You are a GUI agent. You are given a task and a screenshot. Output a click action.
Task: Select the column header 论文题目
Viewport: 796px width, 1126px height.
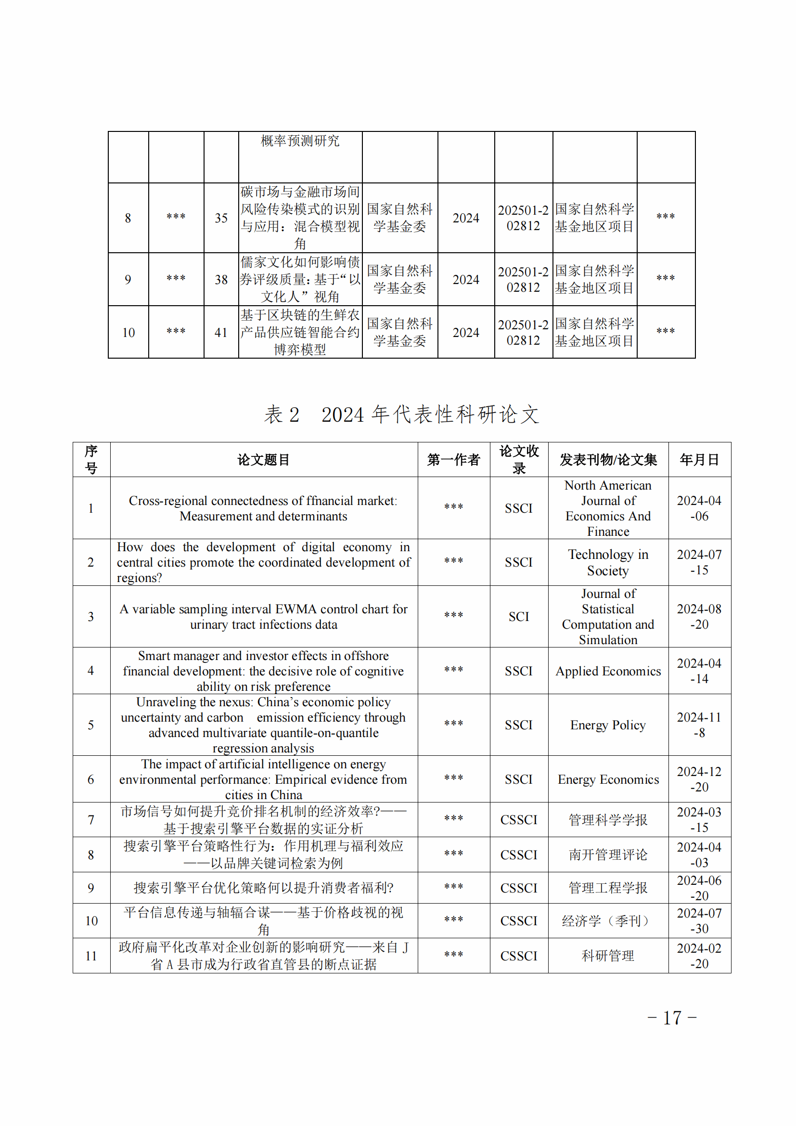[264, 460]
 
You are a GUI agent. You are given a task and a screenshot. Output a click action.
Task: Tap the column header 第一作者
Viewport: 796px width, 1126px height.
[453, 460]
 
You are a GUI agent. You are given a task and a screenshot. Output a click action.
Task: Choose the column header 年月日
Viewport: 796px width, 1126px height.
[699, 460]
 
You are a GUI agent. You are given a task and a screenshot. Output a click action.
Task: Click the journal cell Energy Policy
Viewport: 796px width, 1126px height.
[608, 725]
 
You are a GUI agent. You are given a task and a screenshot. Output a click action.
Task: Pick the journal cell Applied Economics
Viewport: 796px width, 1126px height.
[608, 671]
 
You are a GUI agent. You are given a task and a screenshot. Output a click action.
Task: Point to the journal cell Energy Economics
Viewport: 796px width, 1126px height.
[608, 779]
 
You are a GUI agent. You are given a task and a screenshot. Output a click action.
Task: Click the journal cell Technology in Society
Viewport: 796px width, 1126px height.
[608, 562]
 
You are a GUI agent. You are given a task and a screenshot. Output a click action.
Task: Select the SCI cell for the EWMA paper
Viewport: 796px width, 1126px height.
[519, 617]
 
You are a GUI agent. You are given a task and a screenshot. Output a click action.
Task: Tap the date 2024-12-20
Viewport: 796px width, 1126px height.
[699, 779]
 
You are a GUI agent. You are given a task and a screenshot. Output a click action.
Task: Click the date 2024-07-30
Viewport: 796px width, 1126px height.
[699, 920]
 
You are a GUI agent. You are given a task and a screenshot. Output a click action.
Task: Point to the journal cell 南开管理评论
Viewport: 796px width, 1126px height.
[608, 855]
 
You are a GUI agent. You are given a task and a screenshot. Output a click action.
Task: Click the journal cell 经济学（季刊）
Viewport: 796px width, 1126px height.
[608, 920]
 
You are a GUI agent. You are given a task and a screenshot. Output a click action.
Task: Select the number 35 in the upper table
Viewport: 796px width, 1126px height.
[221, 218]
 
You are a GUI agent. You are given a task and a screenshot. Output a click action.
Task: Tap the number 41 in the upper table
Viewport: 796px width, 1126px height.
[221, 333]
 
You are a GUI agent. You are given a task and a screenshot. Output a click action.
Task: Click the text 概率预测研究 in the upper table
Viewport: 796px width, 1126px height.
[300, 141]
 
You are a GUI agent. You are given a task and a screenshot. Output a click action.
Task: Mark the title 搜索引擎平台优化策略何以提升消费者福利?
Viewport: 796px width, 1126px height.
[264, 888]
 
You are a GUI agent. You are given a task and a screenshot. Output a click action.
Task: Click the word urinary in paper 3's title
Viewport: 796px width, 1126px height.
[209, 625]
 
